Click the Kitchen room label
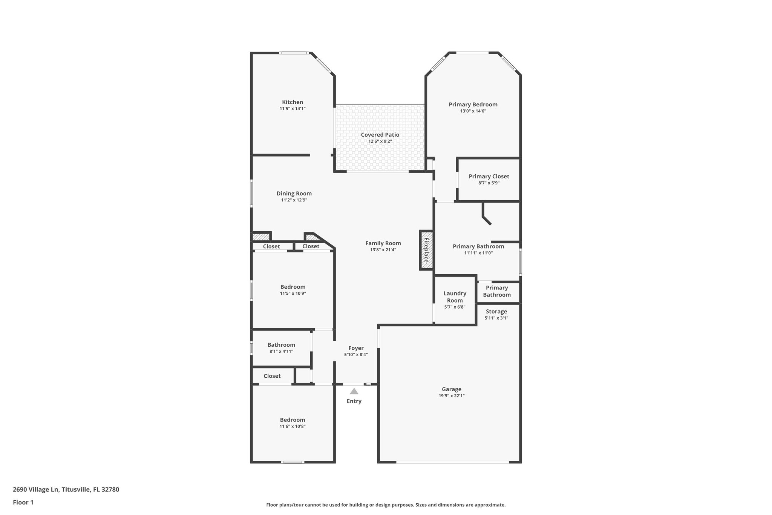(x=293, y=102)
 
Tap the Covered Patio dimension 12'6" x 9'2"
(x=380, y=141)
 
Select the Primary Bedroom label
(x=473, y=105)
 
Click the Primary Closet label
(x=489, y=176)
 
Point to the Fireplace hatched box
(x=426, y=250)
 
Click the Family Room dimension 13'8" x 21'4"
(x=383, y=250)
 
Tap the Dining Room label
(x=294, y=194)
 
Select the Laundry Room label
(x=455, y=297)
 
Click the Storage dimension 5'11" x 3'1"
(x=496, y=318)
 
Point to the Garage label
(x=452, y=389)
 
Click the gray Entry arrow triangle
(x=354, y=392)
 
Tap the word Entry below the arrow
(x=354, y=401)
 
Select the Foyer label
(x=356, y=348)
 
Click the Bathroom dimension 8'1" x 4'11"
(x=281, y=351)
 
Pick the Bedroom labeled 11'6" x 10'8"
(x=293, y=420)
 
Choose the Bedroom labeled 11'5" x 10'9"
(x=293, y=287)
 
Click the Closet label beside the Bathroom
(x=272, y=376)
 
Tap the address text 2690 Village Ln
(x=36, y=490)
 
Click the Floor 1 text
(x=23, y=502)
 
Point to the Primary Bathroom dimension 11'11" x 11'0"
(x=478, y=253)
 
